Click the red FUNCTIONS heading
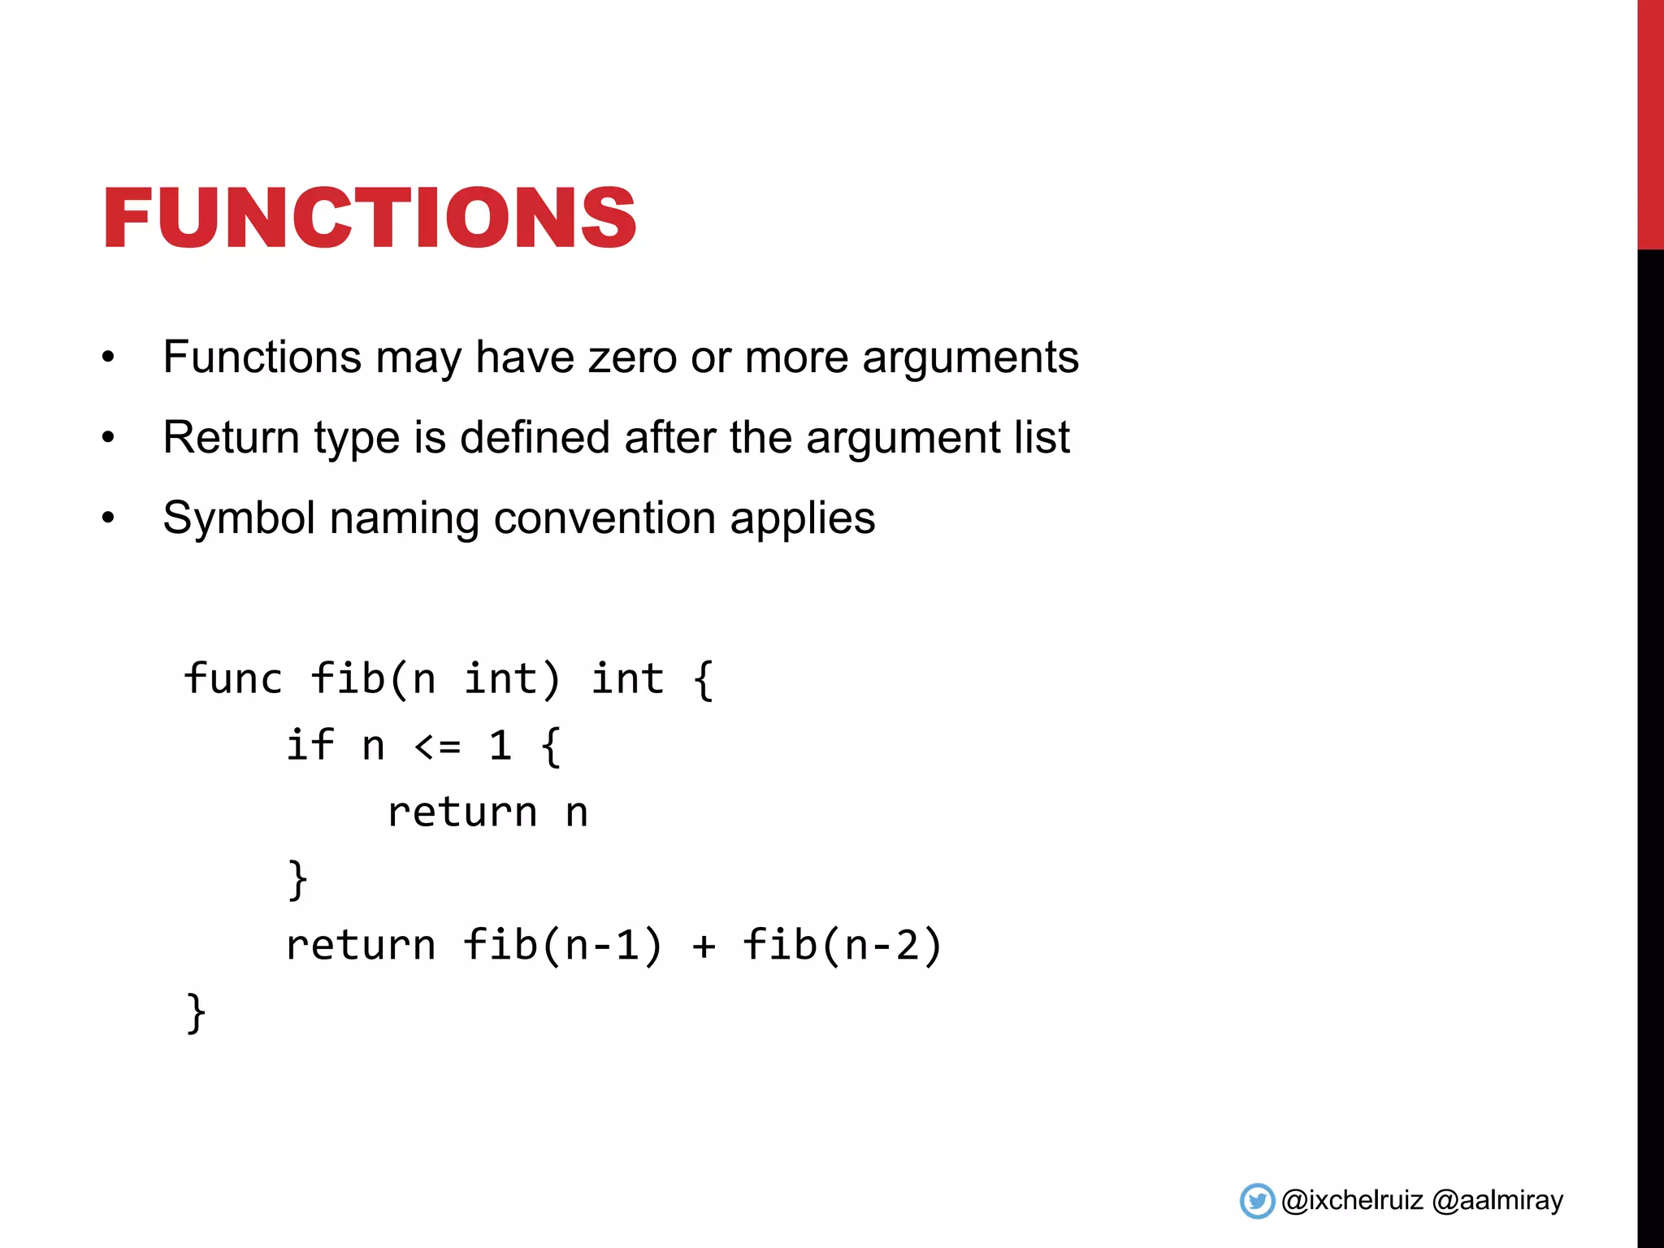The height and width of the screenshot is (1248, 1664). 370,217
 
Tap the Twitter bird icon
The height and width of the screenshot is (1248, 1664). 1257,1201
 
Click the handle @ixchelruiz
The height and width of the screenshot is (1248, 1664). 1352,1200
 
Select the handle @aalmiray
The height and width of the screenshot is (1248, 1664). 1497,1200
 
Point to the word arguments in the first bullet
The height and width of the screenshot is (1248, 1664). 970,357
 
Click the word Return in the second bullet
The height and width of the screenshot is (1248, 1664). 231,438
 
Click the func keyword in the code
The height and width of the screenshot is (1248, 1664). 232,679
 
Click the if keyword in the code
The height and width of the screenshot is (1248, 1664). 310,745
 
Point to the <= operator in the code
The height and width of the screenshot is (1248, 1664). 438,745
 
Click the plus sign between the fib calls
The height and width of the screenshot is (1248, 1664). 704,946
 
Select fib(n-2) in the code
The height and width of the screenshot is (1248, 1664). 842,946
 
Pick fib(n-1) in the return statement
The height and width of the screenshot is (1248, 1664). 562,946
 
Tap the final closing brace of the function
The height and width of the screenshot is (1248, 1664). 196,1013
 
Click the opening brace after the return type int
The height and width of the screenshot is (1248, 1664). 704,679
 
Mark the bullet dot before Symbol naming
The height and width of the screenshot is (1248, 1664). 109,518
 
